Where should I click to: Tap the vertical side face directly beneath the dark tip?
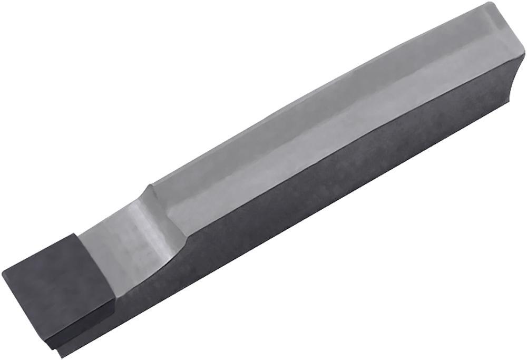tap(95, 327)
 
